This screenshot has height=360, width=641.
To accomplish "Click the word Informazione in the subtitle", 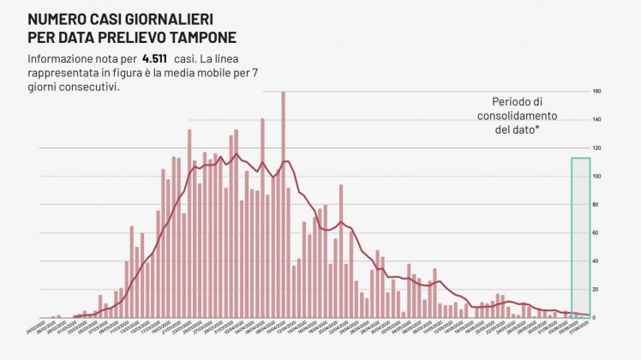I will tap(62, 58).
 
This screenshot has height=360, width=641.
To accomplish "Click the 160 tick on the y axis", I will tap(597, 92).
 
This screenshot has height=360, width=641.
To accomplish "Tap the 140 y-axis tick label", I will tap(597, 120).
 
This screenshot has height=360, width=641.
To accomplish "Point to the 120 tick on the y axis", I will tap(597, 148).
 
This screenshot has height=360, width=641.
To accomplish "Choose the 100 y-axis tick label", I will tap(597, 177).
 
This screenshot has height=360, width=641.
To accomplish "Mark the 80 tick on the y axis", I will tap(596, 205).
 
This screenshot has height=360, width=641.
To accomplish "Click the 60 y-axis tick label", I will tap(596, 233).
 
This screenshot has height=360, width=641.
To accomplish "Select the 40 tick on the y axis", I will tap(596, 261).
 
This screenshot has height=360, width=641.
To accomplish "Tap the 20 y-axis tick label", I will tap(596, 290).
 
